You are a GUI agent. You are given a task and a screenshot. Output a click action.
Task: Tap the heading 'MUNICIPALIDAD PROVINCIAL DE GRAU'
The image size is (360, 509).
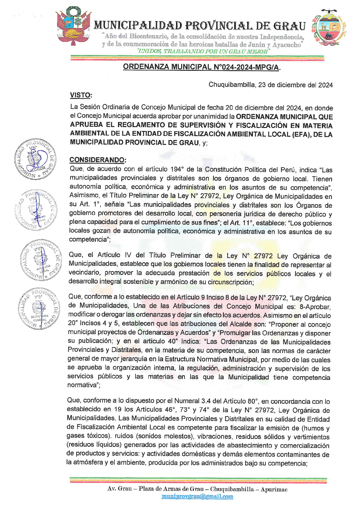point(200,26)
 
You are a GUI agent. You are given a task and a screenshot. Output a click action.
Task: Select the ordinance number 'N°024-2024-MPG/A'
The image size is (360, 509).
point(246,67)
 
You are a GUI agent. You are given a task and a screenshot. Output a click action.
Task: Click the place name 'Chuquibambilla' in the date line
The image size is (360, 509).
point(231,85)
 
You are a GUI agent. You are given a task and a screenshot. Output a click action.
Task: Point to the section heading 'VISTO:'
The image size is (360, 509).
point(81,95)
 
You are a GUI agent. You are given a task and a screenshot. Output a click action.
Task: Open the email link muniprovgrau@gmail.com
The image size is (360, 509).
point(197,496)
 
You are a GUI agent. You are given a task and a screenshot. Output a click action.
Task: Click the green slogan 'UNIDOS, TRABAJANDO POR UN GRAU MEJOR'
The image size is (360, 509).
point(203,51)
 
